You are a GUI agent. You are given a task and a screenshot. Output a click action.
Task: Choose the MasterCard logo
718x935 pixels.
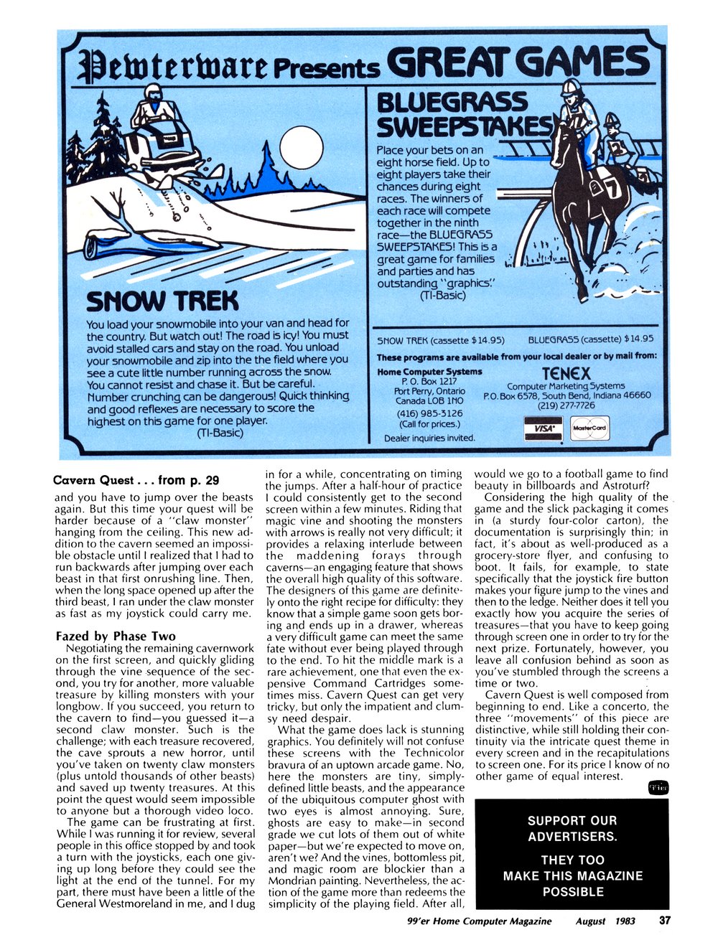tap(589, 428)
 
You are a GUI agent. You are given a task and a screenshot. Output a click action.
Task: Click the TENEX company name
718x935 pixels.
tap(567, 374)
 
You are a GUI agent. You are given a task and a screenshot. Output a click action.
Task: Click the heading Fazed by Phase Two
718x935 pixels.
tap(111, 636)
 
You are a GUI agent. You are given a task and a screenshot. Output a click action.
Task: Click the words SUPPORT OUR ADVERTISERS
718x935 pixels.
tap(572, 828)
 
